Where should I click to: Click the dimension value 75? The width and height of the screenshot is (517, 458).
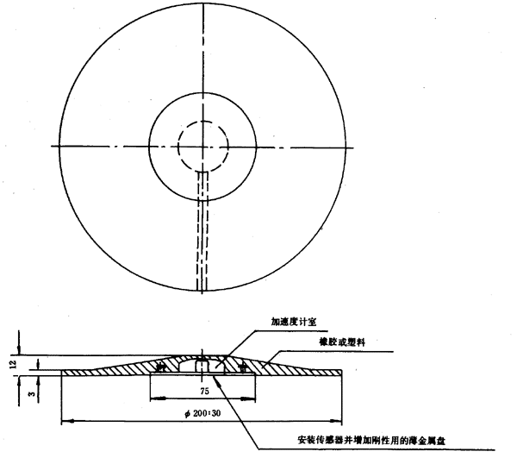[x=204, y=390]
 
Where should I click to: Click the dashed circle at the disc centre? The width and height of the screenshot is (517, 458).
[x=203, y=146]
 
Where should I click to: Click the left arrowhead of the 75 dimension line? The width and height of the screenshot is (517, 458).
[x=152, y=399]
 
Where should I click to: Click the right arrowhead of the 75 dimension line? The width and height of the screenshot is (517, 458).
[x=256, y=399]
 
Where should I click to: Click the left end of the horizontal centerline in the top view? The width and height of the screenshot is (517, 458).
[x=51, y=147]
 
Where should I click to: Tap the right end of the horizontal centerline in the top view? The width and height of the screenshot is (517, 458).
[x=359, y=147]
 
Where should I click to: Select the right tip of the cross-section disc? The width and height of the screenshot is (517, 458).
[x=344, y=373]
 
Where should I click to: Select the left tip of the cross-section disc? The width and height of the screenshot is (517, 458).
[x=61, y=373]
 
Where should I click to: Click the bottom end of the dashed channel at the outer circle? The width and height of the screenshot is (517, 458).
[x=203, y=288]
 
